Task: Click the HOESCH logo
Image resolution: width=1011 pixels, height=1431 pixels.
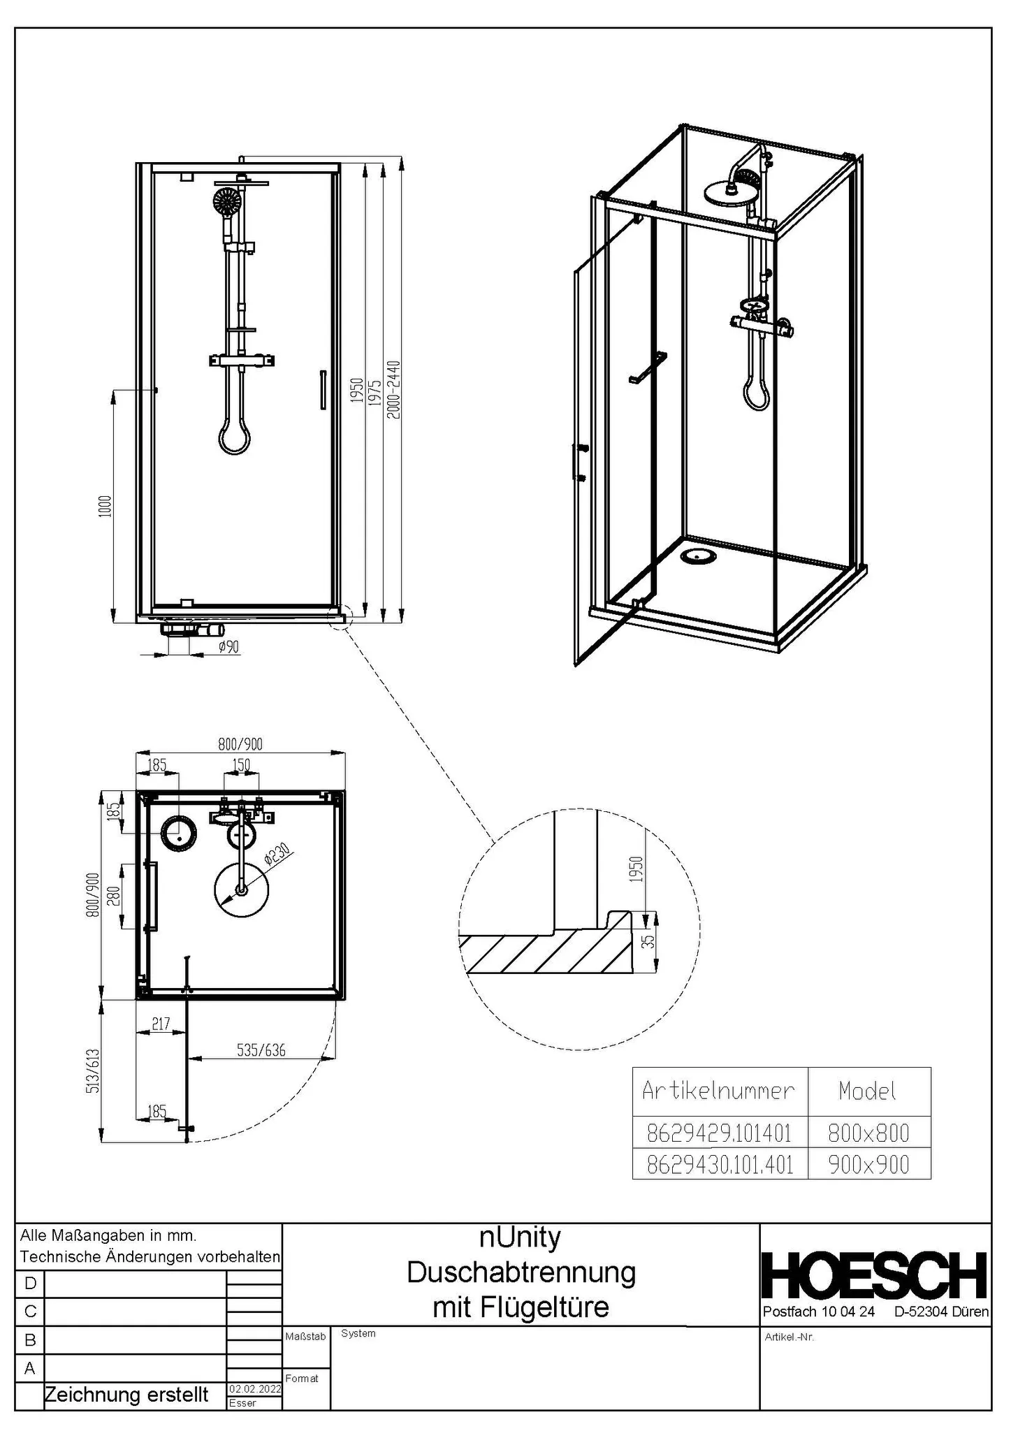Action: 873,1276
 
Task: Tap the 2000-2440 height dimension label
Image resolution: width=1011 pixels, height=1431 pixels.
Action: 394,389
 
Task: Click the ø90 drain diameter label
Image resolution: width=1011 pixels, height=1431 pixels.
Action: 228,647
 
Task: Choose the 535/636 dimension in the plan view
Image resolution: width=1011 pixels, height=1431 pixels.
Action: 261,1049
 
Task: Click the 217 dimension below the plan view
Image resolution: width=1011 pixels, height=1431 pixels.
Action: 161,1024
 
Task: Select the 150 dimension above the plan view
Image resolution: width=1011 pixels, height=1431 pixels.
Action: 241,765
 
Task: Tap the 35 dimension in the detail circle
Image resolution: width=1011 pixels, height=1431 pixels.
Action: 650,941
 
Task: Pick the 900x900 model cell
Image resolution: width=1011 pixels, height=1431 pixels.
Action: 868,1164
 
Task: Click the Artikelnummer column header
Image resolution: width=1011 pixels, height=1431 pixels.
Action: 719,1091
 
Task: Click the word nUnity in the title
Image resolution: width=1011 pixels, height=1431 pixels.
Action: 521,1237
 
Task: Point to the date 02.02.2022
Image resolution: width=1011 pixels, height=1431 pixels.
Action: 254,1388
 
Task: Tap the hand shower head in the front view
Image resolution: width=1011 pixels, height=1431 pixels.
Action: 227,202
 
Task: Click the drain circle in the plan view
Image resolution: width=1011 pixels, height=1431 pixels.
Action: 179,832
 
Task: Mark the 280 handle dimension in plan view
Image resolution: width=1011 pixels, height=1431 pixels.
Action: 114,896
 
